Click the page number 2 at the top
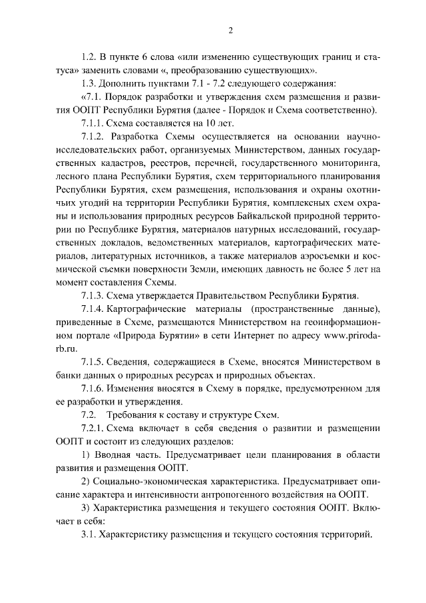(x=230, y=30)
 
